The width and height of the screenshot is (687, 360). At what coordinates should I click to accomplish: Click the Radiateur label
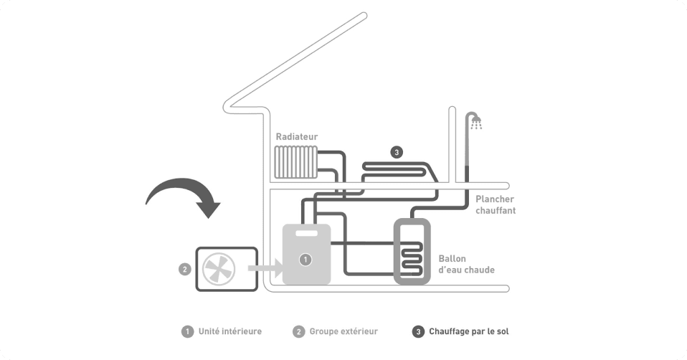296,136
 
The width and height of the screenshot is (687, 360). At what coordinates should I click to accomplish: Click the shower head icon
475,120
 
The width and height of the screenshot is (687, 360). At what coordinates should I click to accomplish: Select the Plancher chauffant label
495,205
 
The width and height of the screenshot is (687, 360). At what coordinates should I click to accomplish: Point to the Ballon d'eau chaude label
466,263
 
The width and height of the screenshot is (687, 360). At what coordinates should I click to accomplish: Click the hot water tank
412,251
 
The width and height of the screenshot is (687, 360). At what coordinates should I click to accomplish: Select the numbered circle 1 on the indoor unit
305,259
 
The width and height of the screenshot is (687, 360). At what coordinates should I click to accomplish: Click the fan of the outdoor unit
219,270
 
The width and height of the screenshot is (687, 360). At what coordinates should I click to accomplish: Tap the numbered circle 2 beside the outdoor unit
184,270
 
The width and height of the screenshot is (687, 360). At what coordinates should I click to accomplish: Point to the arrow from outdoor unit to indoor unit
265,270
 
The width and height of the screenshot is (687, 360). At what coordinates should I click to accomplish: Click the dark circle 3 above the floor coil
397,151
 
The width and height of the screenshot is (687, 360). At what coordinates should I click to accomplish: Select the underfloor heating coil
398,171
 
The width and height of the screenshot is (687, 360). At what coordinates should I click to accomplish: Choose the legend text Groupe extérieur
343,331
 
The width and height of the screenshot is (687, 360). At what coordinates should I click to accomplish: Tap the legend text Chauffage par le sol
469,331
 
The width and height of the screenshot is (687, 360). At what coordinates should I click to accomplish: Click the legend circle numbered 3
417,331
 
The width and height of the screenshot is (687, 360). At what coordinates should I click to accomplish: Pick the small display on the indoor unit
307,234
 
